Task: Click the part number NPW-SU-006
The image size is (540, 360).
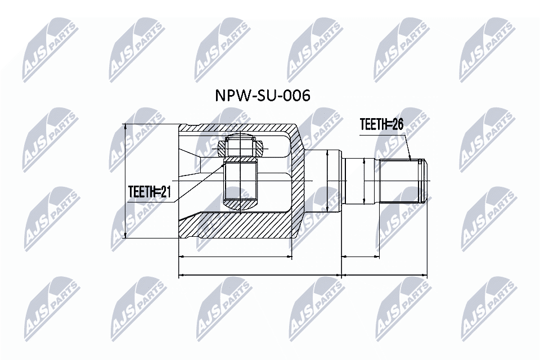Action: pyautogui.click(x=262, y=96)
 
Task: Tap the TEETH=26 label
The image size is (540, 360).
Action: pyautogui.click(x=382, y=125)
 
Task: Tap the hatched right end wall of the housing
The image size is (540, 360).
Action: pyautogui.click(x=296, y=186)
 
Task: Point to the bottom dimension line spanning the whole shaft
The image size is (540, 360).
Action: pyautogui.click(x=384, y=276)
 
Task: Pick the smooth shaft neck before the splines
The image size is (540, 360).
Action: pyautogui.click(x=360, y=181)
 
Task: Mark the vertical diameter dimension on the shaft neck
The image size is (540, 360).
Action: pyautogui.click(x=365, y=181)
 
